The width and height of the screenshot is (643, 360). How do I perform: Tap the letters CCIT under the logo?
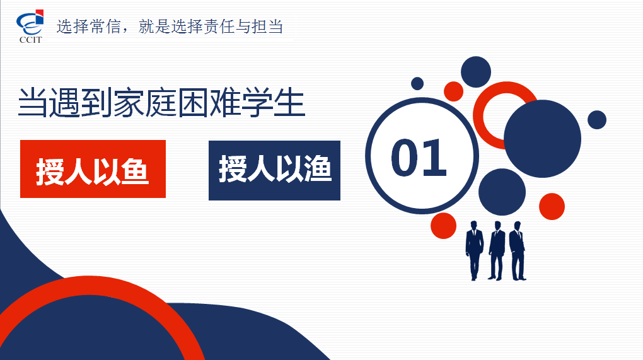click(30, 40)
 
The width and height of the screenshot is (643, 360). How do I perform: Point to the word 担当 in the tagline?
click(268, 26)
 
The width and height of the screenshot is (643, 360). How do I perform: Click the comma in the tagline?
click(126, 30)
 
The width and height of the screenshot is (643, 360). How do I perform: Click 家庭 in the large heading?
click(145, 102)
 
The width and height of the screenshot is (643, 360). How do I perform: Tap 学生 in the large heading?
click(273, 102)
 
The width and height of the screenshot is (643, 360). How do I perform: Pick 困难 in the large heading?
click(209, 102)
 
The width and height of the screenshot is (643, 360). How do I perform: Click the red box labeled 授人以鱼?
click(93, 169)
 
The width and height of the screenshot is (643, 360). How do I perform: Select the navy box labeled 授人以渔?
click(274, 171)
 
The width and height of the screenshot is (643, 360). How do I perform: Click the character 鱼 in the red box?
click(134, 171)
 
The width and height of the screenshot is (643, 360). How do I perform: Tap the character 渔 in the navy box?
click(317, 168)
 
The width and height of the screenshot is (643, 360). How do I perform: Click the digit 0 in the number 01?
click(404, 158)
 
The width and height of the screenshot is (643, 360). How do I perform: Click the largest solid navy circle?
click(542, 139)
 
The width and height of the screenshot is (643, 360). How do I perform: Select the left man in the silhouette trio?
click(475, 250)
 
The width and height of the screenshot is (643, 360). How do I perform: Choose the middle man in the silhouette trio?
click(497, 250)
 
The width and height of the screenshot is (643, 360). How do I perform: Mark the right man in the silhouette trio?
click(518, 250)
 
